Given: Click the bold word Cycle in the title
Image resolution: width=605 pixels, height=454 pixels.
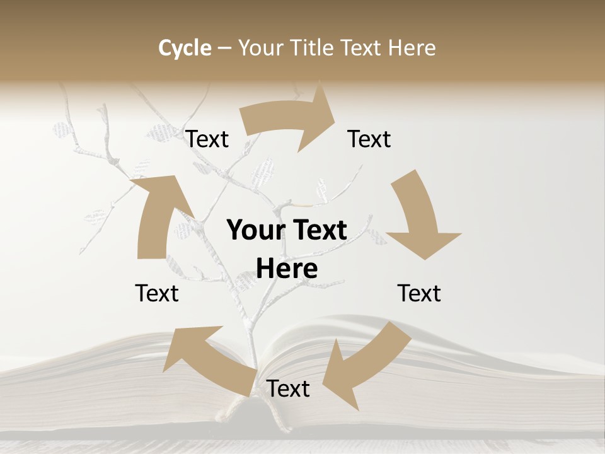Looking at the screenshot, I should click(x=185, y=48).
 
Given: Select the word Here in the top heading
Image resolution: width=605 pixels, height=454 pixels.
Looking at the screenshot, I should click(x=412, y=48).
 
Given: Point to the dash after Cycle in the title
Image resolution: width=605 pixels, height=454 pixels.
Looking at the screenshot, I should click(x=224, y=48).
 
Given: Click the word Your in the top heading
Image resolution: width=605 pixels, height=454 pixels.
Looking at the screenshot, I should click(x=261, y=48).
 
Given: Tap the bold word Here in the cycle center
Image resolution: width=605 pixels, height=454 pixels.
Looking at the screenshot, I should click(x=287, y=269).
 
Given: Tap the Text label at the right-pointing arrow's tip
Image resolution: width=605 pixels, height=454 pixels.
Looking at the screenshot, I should click(x=369, y=139).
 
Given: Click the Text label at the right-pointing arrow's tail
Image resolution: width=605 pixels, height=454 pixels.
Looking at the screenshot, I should click(x=207, y=139).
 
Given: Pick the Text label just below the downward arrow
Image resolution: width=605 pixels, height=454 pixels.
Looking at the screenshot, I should click(x=419, y=293).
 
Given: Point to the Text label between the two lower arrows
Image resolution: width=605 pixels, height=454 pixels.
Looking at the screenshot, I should click(x=288, y=388).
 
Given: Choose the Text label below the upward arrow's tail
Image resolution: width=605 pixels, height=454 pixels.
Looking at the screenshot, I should click(x=157, y=293).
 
